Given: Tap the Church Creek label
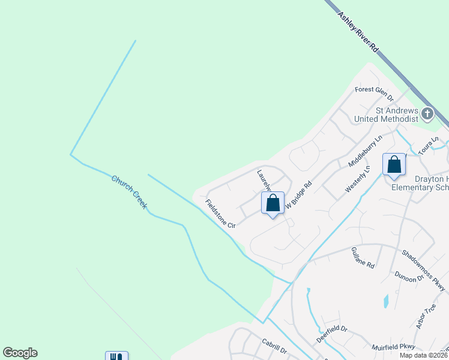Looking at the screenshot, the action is coord(129,192).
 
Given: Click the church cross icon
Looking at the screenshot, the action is coord(427,113).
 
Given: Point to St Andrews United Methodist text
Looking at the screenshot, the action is coord(396,115).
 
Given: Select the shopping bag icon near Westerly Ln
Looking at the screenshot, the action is coord(394,164).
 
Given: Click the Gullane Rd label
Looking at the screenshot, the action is coord(363,257).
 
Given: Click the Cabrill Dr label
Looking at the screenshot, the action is coord(274,346).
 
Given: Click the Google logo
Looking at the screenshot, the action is coord(20,353).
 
